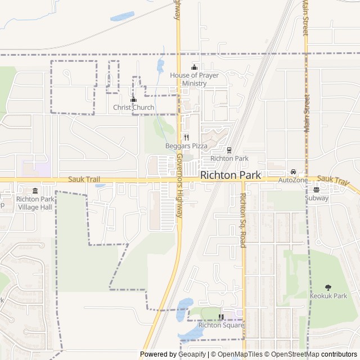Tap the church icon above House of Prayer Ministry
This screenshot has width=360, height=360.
point(194,67)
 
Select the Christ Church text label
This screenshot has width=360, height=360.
point(133,107)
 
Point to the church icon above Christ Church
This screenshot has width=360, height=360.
point(133,100)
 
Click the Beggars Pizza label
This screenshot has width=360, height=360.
point(186,146)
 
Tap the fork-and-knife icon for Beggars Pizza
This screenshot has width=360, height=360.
point(186,137)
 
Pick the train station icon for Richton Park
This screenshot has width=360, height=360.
point(229,150)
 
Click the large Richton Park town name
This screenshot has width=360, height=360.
point(231,175)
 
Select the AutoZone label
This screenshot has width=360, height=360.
point(293,180)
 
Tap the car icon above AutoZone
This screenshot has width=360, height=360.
point(293,172)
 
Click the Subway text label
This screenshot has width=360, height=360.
point(316,198)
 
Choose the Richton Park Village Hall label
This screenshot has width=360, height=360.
point(35,203)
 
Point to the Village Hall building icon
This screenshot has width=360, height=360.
point(35,191)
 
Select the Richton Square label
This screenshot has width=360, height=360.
point(221,325)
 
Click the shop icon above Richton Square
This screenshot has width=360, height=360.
point(221,317)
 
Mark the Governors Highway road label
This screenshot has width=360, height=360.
point(179,186)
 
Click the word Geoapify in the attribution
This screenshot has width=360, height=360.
point(192,354)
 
